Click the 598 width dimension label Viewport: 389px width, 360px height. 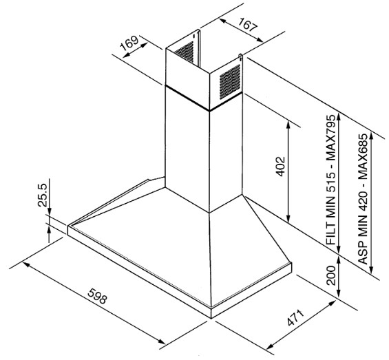(97, 296)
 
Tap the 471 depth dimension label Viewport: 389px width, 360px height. (295, 317)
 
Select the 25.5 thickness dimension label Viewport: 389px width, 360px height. (42, 195)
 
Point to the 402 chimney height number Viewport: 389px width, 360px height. (281, 166)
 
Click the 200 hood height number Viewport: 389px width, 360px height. (331, 275)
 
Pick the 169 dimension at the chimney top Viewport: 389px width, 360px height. (129, 43)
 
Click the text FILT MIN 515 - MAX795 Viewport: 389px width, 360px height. (330, 180)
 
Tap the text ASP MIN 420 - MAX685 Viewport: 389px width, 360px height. (362, 198)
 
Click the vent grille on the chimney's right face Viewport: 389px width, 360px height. (230, 82)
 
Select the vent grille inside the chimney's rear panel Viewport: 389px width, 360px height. (185, 52)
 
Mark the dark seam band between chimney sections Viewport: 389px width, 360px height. (203, 98)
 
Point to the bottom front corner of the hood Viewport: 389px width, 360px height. (211, 318)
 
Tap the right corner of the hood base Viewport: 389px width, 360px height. (291, 264)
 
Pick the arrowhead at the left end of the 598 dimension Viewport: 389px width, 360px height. (26, 264)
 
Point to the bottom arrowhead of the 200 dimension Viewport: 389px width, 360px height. (339, 294)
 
